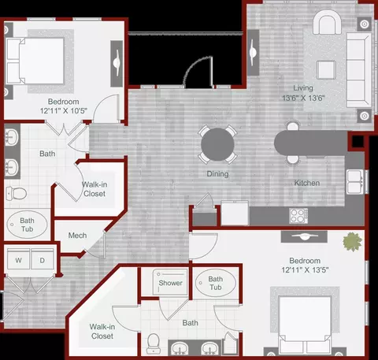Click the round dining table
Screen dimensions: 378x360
217,144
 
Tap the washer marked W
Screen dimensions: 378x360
18,259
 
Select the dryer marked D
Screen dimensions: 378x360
43,259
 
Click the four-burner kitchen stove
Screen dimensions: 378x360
298,216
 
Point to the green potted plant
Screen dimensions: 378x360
352,241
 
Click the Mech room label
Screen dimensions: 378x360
77,236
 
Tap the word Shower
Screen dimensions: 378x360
170,283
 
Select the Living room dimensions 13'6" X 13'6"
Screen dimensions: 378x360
303,98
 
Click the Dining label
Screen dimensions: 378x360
217,174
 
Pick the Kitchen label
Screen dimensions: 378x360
307,183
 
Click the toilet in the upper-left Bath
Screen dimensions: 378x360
17,193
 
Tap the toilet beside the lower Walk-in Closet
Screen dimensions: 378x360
153,343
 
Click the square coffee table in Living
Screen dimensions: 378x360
326,70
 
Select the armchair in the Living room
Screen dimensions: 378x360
327,22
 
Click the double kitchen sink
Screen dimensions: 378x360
355,182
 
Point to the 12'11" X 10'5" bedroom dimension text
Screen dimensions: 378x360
64,111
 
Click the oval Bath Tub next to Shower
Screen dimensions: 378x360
216,283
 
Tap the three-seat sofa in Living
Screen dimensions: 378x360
359,70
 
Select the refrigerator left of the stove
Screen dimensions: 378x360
235,213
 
